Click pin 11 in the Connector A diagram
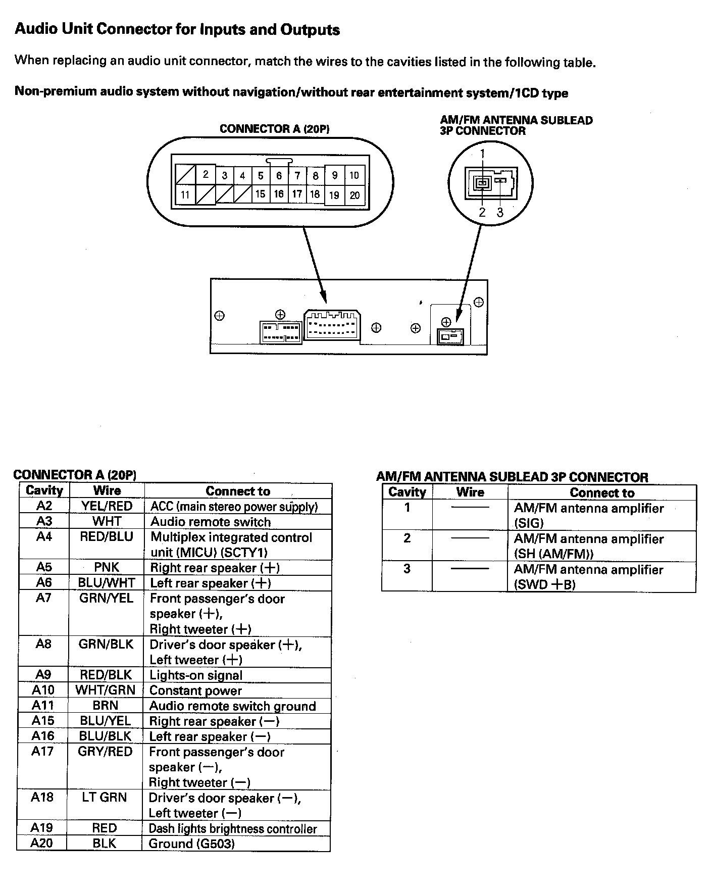(x=185, y=195)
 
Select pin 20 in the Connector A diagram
(x=354, y=195)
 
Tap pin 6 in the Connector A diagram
(x=279, y=176)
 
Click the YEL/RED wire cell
(x=107, y=506)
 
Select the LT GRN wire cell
(x=105, y=797)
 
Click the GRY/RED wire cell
(x=105, y=752)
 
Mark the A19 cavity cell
(x=42, y=828)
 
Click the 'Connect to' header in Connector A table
(x=238, y=491)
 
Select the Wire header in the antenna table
(x=470, y=492)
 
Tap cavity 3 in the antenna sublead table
(x=407, y=569)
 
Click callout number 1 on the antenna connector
(x=483, y=153)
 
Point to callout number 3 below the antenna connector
(x=500, y=213)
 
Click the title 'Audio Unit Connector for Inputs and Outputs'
(x=177, y=30)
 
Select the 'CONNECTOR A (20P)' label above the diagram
(x=274, y=129)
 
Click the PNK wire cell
(x=107, y=567)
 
